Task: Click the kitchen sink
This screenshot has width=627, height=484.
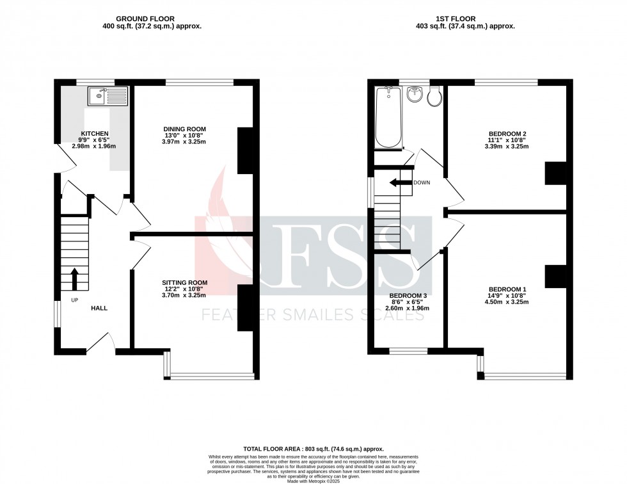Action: (107, 96)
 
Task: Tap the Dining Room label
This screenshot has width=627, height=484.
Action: (185, 129)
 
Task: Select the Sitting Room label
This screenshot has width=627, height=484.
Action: (185, 282)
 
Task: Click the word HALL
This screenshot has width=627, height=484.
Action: (99, 308)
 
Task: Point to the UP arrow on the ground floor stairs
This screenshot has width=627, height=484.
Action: (74, 278)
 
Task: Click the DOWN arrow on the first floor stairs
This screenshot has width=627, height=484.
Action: (401, 183)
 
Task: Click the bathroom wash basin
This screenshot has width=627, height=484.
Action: (415, 94)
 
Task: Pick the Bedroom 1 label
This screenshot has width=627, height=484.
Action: (507, 289)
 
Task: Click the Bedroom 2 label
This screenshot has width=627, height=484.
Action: (507, 134)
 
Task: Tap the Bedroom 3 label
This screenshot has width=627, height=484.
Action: (408, 296)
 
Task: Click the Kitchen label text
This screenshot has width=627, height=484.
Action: (95, 133)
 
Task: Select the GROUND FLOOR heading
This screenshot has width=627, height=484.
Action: (145, 19)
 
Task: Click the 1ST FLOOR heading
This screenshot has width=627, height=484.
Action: (456, 19)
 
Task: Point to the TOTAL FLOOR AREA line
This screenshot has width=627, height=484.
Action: (313, 449)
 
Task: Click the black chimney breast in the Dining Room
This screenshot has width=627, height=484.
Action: (246, 150)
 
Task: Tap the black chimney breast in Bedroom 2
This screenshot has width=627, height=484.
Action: (556, 173)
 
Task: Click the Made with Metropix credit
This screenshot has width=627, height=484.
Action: (313, 481)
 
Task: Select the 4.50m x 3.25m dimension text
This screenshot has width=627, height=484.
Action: (507, 302)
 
